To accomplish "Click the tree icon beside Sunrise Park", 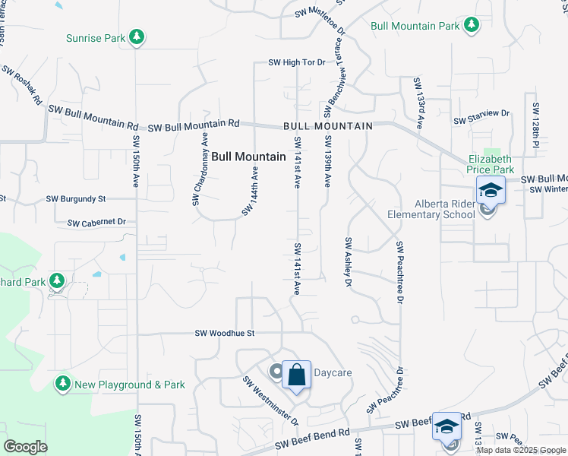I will [137, 37].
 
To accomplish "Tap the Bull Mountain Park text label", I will [415, 26].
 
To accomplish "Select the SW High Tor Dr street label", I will [297, 62].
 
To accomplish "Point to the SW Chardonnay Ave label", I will [200, 169].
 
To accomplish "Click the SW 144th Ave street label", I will [251, 191].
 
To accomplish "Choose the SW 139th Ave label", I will [328, 162].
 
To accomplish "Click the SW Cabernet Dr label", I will [96, 223].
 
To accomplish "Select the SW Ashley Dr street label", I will [349, 262].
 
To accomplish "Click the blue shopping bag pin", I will [297, 375].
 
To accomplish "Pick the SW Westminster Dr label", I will [270, 401].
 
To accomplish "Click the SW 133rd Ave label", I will [418, 103].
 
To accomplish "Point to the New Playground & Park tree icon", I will [63, 385].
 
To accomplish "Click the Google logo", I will [25, 447].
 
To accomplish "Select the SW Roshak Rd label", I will [22, 86].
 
